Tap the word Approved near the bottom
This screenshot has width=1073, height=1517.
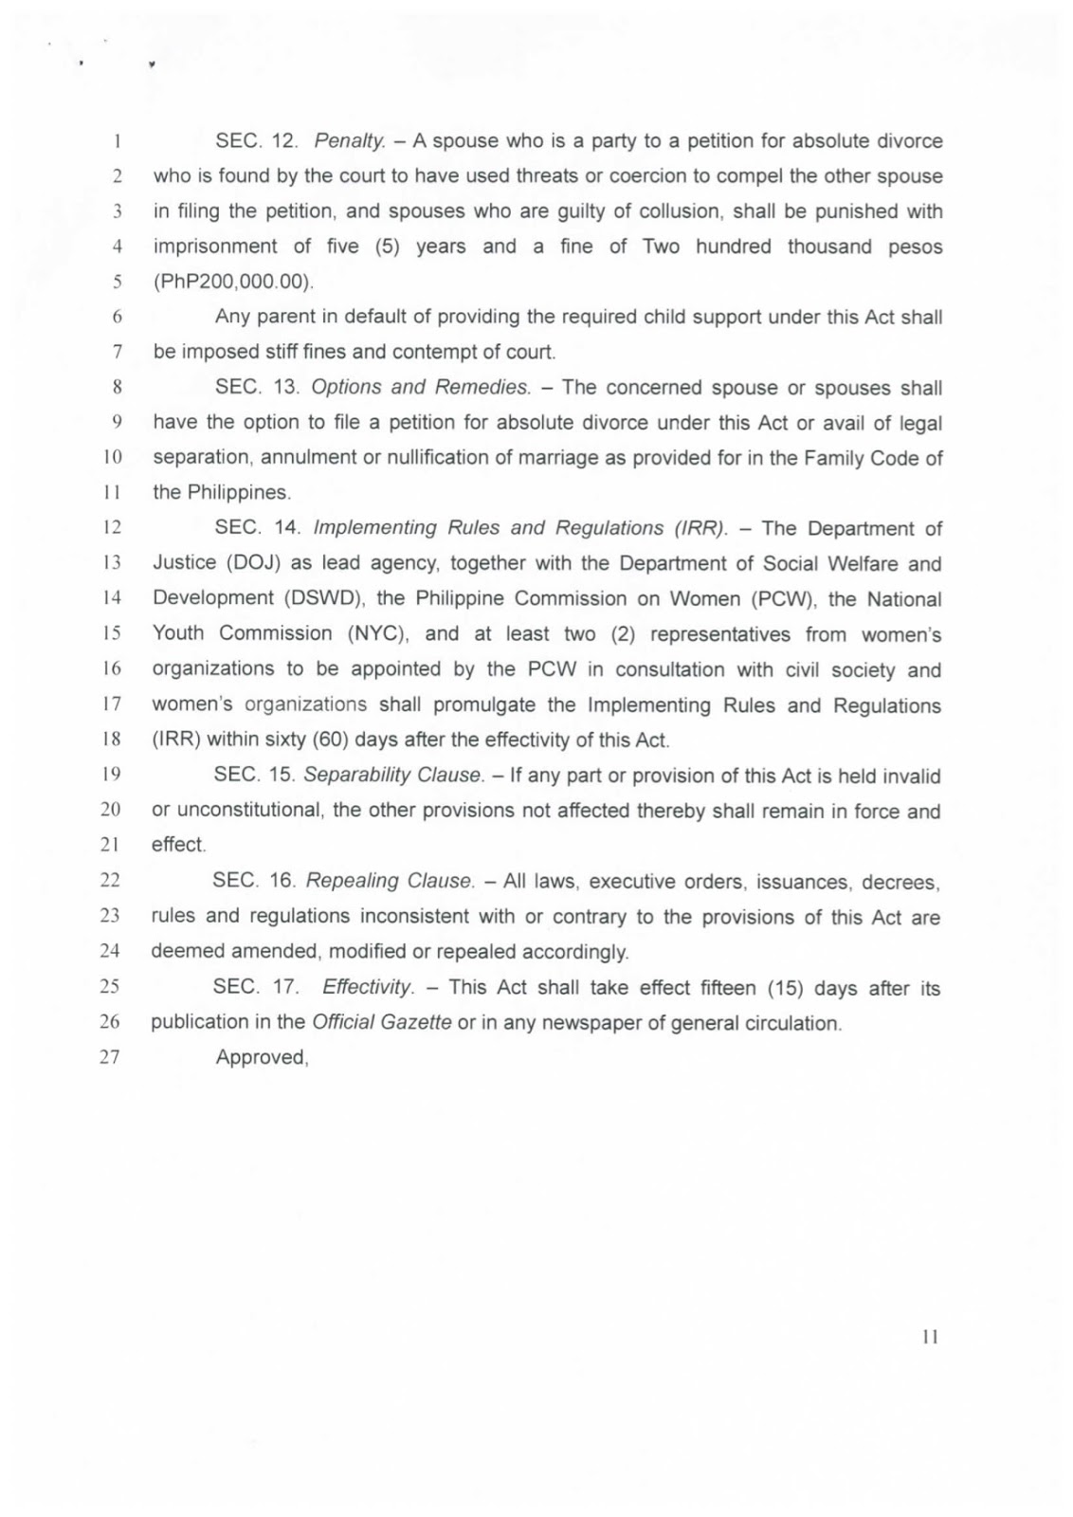point(262,1057)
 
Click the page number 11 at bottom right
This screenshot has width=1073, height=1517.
point(930,1337)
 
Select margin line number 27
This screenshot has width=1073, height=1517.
point(110,1057)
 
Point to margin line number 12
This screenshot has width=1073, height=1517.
point(111,527)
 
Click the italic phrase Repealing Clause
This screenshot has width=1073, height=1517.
point(390,881)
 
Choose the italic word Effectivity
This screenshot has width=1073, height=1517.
point(368,987)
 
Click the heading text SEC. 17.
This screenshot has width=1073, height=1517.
point(255,987)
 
